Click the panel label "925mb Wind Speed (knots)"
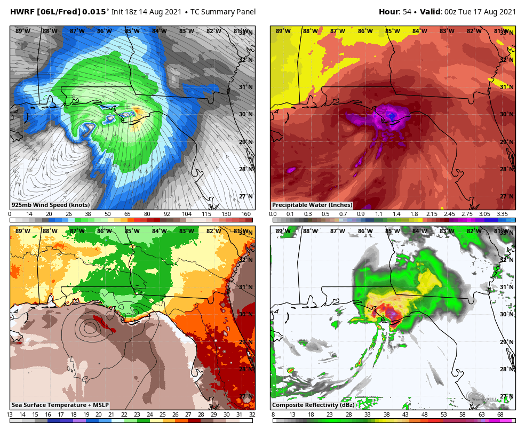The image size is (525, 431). tap(51, 205)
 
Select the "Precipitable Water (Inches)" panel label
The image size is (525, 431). tap(312, 205)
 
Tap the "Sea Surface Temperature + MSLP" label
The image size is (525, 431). tap(60, 405)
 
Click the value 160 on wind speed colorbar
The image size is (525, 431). tap(246, 214)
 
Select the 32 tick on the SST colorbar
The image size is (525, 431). tap(252, 414)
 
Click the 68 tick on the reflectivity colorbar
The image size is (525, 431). tap(500, 414)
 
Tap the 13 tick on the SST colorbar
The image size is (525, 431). tap(10, 414)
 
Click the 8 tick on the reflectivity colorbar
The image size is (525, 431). tap(273, 414)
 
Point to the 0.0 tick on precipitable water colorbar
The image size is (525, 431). tap(273, 214)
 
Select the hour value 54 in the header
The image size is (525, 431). tap(407, 12)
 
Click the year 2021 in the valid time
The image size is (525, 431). tap(507, 12)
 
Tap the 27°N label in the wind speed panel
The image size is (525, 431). tap(246, 196)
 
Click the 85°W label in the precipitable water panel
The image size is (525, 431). tap(393, 31)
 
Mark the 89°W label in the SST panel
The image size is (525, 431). tap(22, 231)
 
